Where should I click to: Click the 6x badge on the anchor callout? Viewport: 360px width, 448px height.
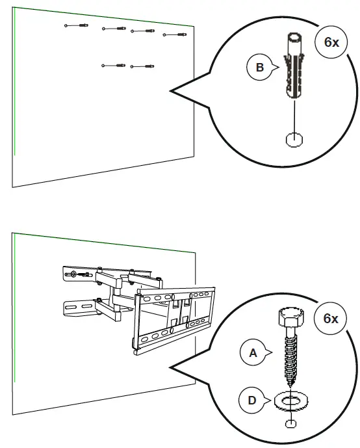(331, 42)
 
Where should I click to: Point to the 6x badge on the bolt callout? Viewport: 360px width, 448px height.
(331, 319)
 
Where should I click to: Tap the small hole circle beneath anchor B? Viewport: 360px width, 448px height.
(294, 139)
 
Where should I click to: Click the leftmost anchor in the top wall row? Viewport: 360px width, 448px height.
(76, 25)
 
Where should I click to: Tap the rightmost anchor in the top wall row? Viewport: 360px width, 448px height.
(174, 34)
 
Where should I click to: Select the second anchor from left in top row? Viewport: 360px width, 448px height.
(114, 29)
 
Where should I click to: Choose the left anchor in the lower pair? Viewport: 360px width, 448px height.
(114, 65)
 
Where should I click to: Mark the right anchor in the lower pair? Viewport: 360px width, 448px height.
(143, 66)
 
